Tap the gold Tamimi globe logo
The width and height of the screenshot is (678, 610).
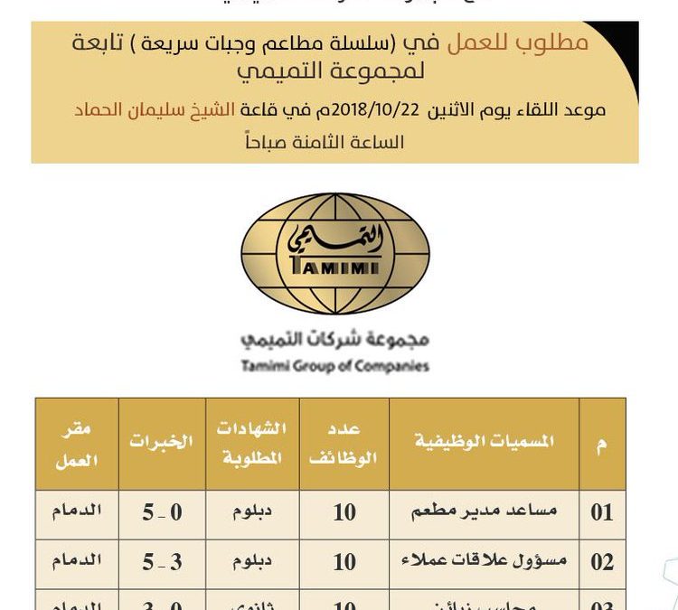click(x=334, y=253)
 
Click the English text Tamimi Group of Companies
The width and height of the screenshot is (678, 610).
click(x=334, y=366)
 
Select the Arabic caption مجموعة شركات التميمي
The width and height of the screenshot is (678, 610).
click(x=334, y=341)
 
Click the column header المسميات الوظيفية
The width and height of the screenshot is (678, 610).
click(x=484, y=442)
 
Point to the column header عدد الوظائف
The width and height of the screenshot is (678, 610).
click(x=344, y=442)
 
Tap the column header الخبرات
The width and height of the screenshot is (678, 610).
click(x=161, y=442)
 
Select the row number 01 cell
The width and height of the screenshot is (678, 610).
click(x=602, y=512)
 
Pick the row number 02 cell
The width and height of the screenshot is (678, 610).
click(x=602, y=562)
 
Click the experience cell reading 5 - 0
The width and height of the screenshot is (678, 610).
click(x=162, y=512)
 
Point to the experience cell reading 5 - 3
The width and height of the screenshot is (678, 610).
click(x=162, y=562)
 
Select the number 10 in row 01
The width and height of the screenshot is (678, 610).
click(x=344, y=512)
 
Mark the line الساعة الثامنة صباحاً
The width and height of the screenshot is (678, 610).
click(x=334, y=142)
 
